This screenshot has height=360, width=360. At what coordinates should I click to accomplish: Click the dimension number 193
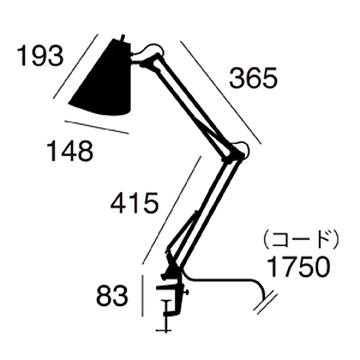(40, 56)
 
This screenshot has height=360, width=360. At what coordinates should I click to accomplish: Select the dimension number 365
(253, 78)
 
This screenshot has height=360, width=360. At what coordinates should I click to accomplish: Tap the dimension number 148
(70, 152)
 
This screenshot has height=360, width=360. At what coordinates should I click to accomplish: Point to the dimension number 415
(134, 203)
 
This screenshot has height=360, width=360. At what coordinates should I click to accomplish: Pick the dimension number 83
(112, 297)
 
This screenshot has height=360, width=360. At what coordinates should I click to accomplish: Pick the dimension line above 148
(96, 127)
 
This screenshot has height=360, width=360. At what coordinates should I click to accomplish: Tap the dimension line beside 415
(171, 209)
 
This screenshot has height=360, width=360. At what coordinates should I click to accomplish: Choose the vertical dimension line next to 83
(143, 295)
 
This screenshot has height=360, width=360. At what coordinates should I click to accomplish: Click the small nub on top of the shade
(123, 37)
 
